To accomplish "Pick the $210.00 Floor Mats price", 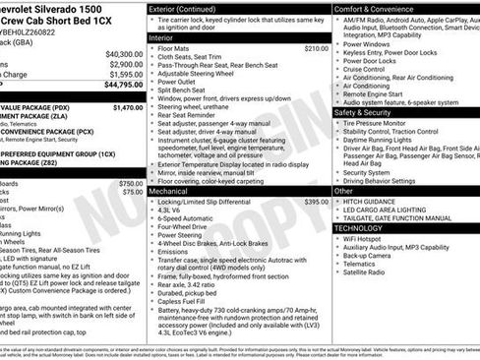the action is click(316, 47).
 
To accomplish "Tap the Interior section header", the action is click(161, 37).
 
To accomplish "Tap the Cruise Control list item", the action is click(366, 69).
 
